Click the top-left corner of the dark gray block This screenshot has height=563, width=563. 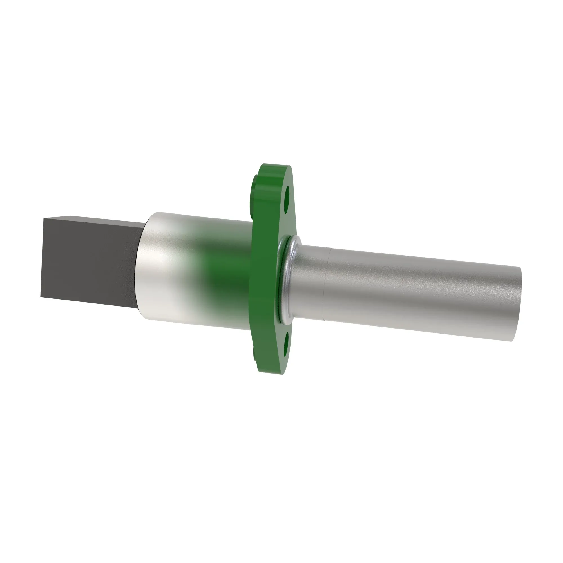coord(44,218)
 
